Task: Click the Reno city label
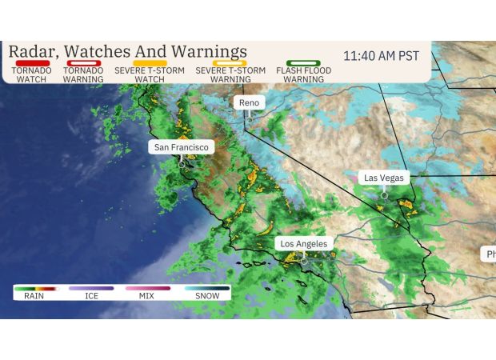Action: (x=250, y=103)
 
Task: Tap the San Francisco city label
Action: (x=182, y=147)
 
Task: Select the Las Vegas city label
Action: (x=384, y=178)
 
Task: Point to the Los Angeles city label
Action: (x=303, y=243)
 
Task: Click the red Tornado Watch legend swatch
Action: (x=31, y=62)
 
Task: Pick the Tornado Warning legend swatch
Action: (x=83, y=62)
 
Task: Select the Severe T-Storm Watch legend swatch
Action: (x=150, y=62)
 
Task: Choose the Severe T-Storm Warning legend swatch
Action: (x=230, y=62)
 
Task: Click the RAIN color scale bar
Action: (x=34, y=287)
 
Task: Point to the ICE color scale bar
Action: (x=91, y=287)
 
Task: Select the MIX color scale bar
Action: (x=147, y=287)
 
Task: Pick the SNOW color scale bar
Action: (x=206, y=287)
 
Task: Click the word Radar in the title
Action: (x=33, y=51)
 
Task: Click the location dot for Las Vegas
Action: (x=384, y=194)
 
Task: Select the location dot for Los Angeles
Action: (x=303, y=260)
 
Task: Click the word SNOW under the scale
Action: (x=206, y=296)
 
